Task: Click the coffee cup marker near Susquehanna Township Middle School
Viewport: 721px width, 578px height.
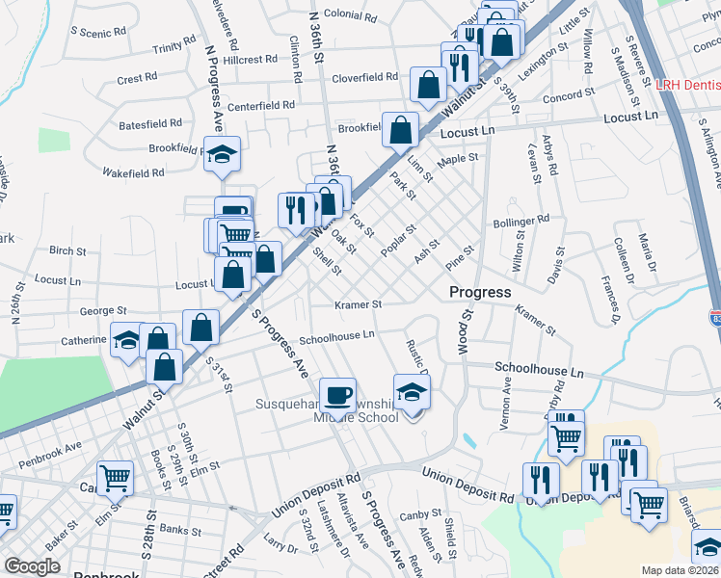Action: tap(336, 394)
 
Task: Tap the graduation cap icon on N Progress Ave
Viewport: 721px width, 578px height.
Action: tap(222, 154)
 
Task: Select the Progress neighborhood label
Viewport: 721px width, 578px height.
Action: tap(480, 292)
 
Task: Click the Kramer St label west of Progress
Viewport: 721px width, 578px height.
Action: tap(359, 304)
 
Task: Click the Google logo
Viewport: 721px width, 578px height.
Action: tap(33, 566)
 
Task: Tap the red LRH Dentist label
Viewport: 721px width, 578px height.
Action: tap(687, 85)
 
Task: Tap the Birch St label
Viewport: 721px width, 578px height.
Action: tap(67, 250)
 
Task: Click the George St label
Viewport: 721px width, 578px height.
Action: tap(103, 311)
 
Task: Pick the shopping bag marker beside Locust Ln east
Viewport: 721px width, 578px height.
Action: tap(399, 129)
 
